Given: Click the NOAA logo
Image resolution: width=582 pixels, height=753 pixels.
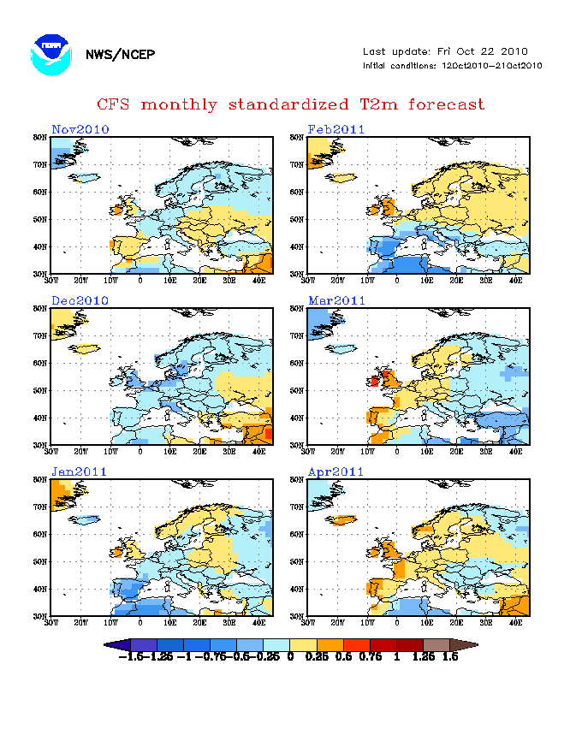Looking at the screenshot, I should coord(51,54).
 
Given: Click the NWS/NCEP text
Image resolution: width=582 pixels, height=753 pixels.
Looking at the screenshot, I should coord(121,55).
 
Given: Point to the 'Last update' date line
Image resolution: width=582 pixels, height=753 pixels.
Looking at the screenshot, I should coord(445,51).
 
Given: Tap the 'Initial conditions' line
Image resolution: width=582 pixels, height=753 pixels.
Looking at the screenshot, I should coord(452,66).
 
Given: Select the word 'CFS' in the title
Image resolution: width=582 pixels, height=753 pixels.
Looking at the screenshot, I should coord(115,104).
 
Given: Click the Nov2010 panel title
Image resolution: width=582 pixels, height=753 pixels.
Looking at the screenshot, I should coord(80,129).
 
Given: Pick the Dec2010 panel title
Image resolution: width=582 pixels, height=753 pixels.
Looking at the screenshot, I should coord(80,300).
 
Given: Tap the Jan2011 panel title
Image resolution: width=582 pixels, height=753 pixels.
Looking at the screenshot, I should coord(80,471).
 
